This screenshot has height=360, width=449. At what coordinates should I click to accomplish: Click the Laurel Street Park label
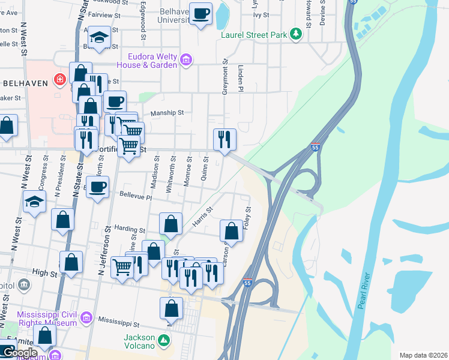[254, 35]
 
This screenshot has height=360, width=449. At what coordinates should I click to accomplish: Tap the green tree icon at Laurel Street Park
[295, 34]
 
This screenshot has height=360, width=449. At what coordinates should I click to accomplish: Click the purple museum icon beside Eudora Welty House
[186, 60]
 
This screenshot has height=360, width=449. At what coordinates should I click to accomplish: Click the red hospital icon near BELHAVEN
[59, 79]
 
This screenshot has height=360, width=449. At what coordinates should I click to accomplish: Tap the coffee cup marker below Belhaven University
[201, 13]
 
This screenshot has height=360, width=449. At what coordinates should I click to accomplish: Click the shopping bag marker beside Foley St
[231, 229]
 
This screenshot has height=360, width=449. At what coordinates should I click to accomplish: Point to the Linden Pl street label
[240, 79]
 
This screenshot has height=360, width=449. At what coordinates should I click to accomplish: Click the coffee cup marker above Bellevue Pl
[98, 187]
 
